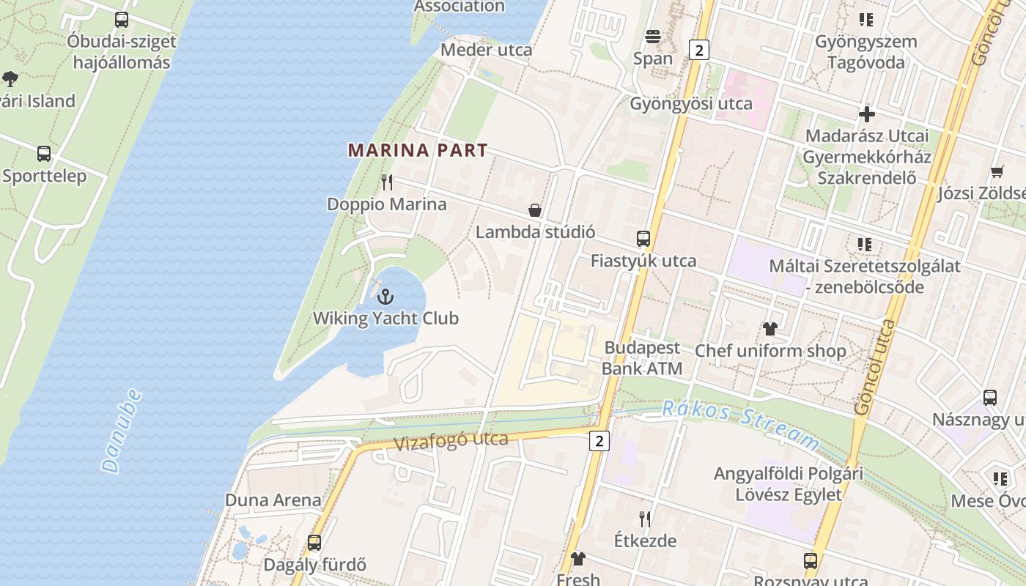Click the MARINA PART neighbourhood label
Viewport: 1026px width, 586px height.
pos(417,151)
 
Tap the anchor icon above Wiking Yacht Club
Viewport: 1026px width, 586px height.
pos(385,297)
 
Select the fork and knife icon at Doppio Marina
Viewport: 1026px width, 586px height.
pos(387,182)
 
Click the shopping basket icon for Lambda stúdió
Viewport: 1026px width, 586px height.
pos(535,210)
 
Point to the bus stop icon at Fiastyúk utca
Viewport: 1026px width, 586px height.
pos(643,239)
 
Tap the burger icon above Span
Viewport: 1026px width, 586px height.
pos(653,37)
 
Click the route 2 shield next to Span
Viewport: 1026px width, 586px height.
pos(700,50)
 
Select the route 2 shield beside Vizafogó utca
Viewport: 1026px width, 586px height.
pos(599,440)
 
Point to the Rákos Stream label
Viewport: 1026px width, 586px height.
pos(740,424)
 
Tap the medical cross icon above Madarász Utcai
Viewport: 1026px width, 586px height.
pos(867,114)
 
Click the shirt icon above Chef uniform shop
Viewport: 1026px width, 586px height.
pos(769,328)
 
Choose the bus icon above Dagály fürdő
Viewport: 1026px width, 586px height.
pos(314,543)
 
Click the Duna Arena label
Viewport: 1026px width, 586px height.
pos(273,500)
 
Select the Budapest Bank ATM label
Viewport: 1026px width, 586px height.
pos(642,358)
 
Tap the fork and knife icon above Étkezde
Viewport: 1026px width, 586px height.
pos(645,519)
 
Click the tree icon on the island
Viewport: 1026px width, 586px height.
pos(10,78)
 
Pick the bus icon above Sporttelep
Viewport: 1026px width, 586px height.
pos(44,154)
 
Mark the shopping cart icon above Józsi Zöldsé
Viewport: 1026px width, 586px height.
pos(997,171)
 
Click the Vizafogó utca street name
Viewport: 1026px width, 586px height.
pos(451,442)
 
